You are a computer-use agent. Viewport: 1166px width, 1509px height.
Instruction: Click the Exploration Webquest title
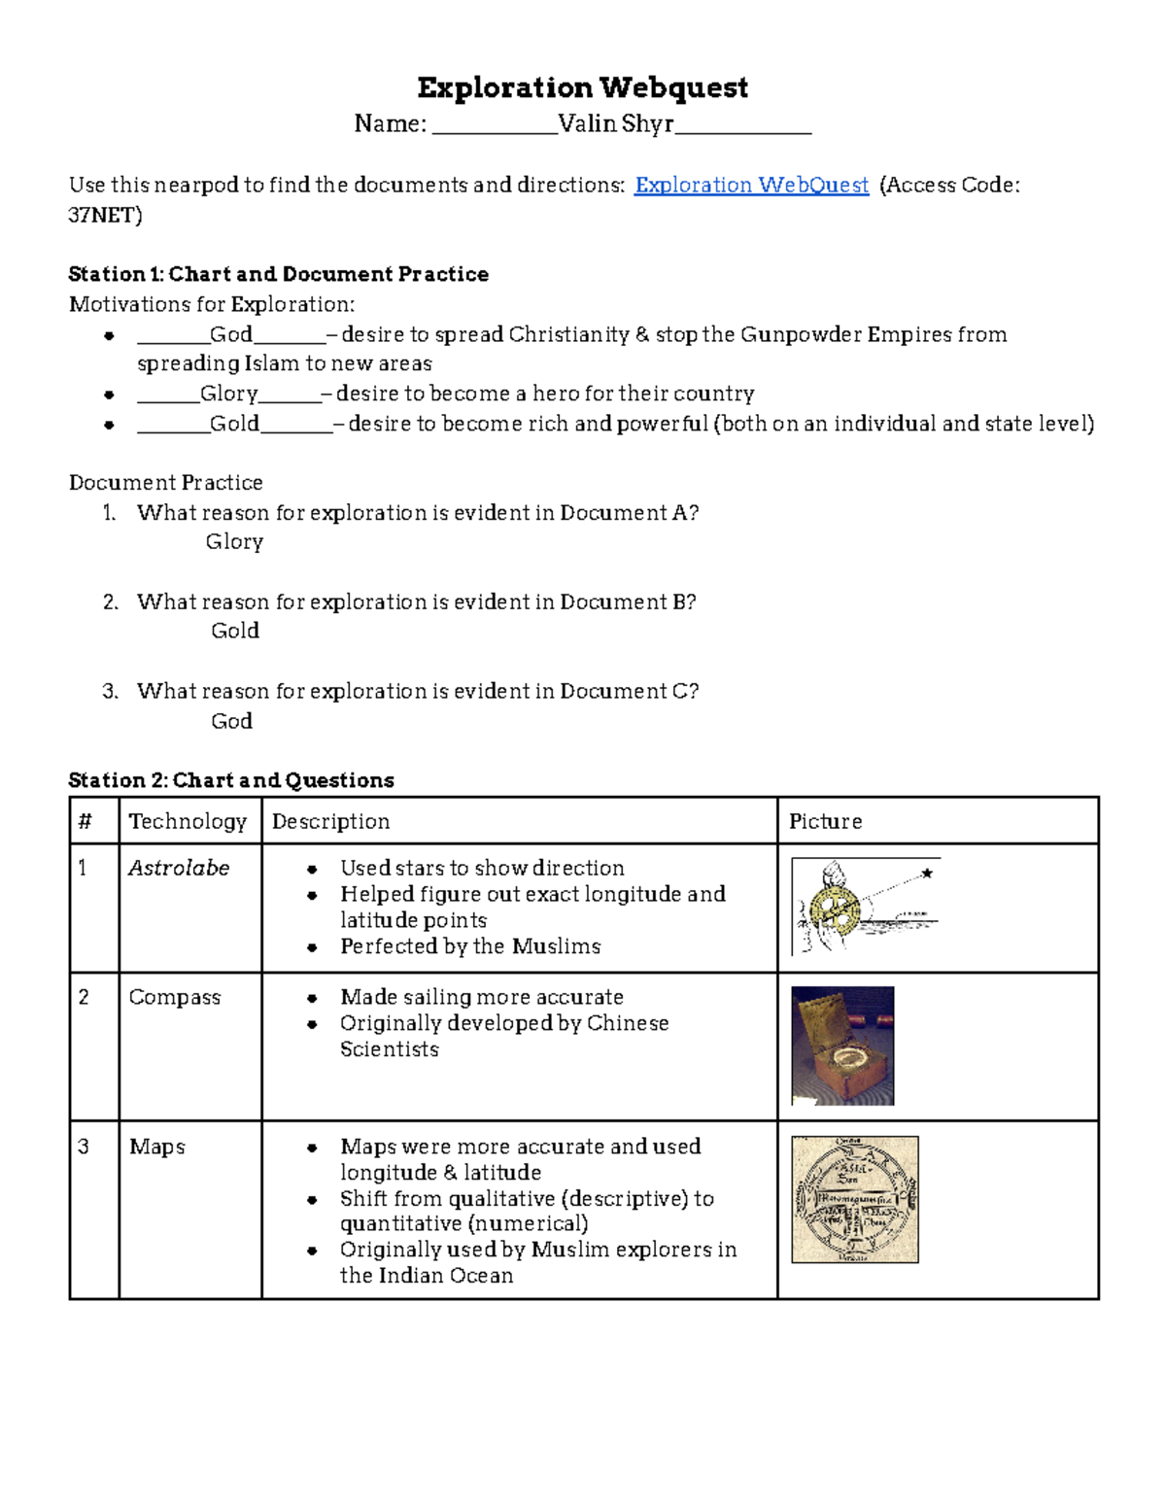click(582, 87)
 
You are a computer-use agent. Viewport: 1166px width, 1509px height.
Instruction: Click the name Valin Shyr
click(616, 124)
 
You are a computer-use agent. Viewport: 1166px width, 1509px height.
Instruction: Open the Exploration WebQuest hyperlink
click(750, 185)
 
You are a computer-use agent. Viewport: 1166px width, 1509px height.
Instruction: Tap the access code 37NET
click(104, 215)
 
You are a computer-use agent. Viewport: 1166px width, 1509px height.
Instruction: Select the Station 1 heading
click(278, 274)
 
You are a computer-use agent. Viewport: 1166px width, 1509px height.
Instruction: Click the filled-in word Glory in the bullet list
click(229, 394)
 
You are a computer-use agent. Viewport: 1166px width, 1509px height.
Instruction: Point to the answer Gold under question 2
click(235, 631)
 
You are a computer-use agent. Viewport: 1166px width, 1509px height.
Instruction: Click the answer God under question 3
click(231, 721)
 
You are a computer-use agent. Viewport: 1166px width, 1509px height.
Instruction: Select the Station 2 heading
click(231, 780)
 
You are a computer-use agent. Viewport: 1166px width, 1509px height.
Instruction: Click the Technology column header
click(188, 821)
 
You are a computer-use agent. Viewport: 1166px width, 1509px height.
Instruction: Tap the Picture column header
click(825, 821)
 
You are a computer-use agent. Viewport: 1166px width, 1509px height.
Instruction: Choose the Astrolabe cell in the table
click(179, 868)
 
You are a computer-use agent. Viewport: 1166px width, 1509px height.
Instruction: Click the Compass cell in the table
click(175, 997)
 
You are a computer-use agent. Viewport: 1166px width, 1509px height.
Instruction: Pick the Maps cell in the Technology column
click(157, 1147)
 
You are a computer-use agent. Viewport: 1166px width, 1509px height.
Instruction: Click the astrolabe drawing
click(864, 907)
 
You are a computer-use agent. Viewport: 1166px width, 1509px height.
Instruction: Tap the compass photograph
click(842, 1046)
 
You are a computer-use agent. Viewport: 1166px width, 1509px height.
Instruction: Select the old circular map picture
click(855, 1199)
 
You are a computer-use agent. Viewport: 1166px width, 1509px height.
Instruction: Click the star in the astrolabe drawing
click(927, 874)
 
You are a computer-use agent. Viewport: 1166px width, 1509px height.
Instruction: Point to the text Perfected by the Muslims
click(470, 946)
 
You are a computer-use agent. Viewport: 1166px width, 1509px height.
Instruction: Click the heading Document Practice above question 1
click(166, 483)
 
